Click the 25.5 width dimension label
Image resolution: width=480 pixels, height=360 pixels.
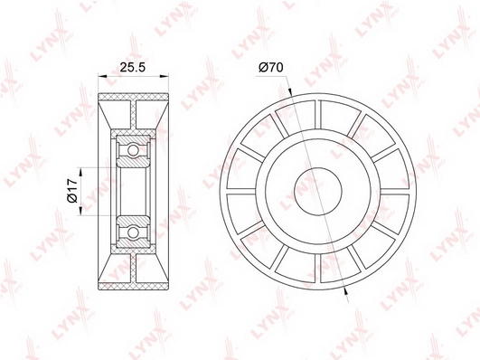coord(132,67)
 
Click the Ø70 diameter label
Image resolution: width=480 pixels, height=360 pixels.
coord(270,67)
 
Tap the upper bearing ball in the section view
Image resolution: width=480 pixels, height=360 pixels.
coord(133,150)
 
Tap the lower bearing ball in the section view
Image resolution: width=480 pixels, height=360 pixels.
coord(133,232)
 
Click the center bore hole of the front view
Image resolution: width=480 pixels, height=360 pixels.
coord(318,191)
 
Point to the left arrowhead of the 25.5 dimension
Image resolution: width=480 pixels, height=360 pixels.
coord(102,75)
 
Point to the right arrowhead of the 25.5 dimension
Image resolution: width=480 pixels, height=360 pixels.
coord(165,75)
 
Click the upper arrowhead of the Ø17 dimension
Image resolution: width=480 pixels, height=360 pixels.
coord(81,172)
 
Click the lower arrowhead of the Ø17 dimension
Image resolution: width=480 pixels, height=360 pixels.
coord(81,211)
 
